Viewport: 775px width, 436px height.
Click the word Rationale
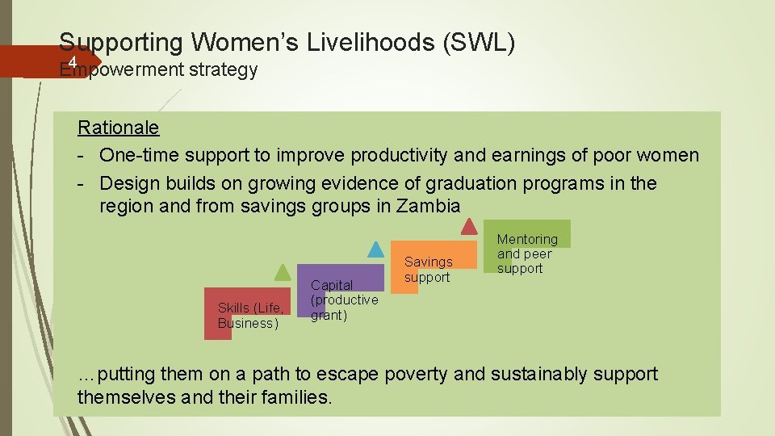[x=118, y=128]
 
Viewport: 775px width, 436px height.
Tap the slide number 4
[x=72, y=63]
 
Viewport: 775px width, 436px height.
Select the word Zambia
[x=429, y=206]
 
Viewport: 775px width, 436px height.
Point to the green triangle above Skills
[x=282, y=272]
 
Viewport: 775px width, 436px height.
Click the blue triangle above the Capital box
[x=375, y=249]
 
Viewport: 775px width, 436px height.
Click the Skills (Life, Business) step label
[x=249, y=315]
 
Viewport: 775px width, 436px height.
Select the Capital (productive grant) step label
[x=343, y=300]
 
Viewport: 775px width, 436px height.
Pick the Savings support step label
[x=428, y=270]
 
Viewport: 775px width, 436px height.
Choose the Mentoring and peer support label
[x=526, y=254]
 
